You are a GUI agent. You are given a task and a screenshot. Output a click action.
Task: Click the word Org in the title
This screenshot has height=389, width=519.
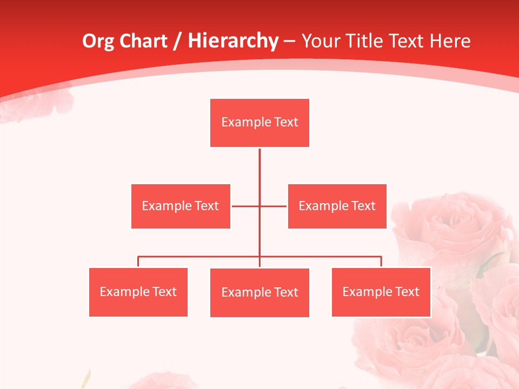tap(98, 41)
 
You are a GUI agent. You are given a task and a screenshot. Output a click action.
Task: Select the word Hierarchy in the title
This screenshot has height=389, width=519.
tap(232, 41)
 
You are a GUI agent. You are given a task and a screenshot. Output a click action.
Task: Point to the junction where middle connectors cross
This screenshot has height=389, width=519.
tap(259, 206)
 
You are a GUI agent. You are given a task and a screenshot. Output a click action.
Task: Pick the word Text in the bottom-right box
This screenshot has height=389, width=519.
tap(407, 292)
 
